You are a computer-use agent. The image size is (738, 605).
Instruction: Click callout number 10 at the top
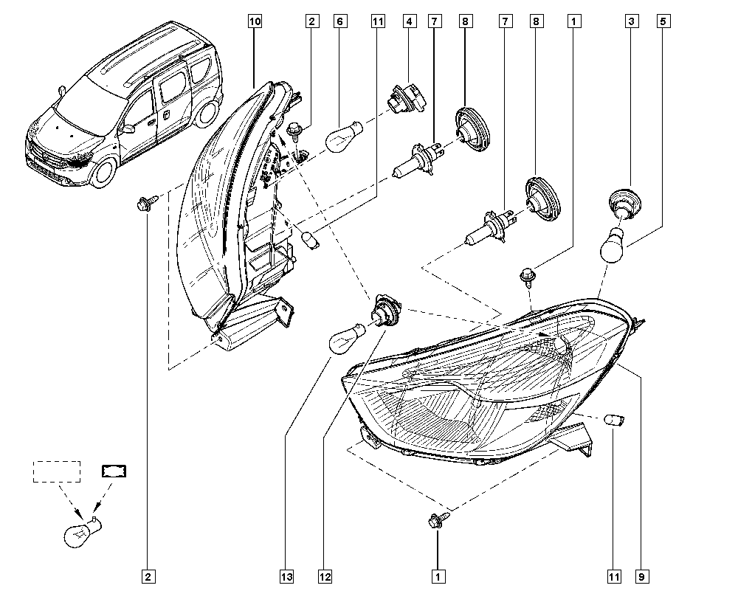[254, 22]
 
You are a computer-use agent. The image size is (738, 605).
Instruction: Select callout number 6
[339, 22]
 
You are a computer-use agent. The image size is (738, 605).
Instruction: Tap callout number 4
[407, 22]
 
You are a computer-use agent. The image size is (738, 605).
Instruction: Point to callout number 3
[632, 22]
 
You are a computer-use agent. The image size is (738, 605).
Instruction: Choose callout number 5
[663, 22]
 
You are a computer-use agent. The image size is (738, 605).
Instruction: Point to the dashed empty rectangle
[56, 471]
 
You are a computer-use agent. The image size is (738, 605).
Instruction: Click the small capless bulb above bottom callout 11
[614, 421]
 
